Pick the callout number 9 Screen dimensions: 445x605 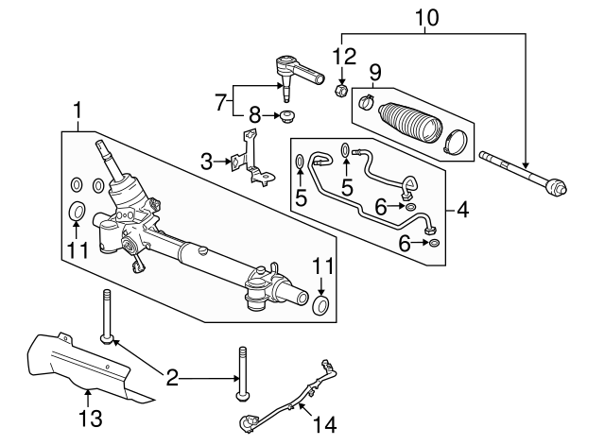(374, 71)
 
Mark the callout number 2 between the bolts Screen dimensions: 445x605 (171, 379)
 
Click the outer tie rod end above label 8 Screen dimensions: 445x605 (292, 68)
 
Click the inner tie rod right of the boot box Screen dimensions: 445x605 (524, 180)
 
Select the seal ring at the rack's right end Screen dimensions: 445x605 (321, 305)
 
